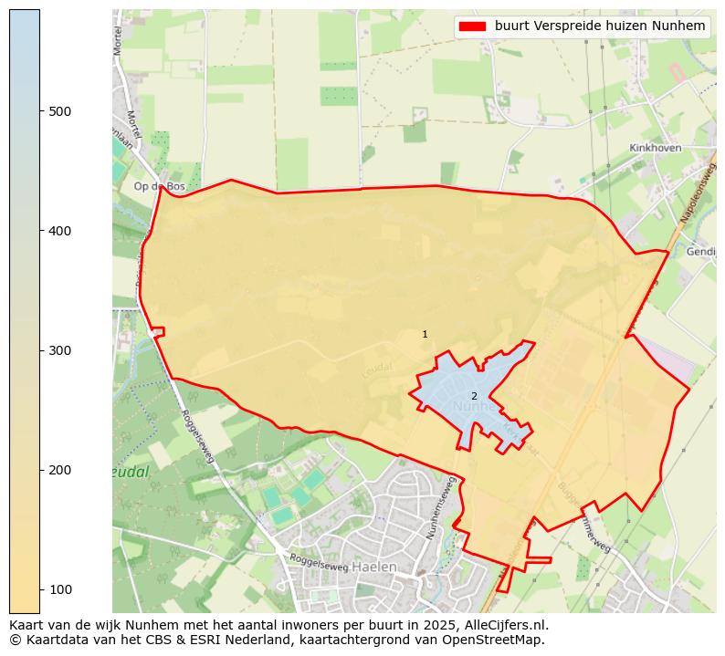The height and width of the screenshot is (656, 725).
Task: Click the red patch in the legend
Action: point(472,26)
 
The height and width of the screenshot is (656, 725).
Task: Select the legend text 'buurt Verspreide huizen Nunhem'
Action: point(600,26)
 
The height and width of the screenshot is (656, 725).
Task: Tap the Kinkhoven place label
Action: point(657,148)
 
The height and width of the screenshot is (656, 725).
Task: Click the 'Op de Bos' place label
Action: point(159,186)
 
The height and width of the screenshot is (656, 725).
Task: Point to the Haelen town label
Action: point(373,567)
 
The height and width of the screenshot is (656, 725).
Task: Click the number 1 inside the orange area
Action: point(425,335)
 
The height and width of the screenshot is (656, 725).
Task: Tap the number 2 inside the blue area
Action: point(474,396)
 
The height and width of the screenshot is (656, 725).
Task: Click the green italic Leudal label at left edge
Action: point(130,473)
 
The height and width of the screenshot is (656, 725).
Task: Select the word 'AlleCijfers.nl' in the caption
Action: point(507,625)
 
